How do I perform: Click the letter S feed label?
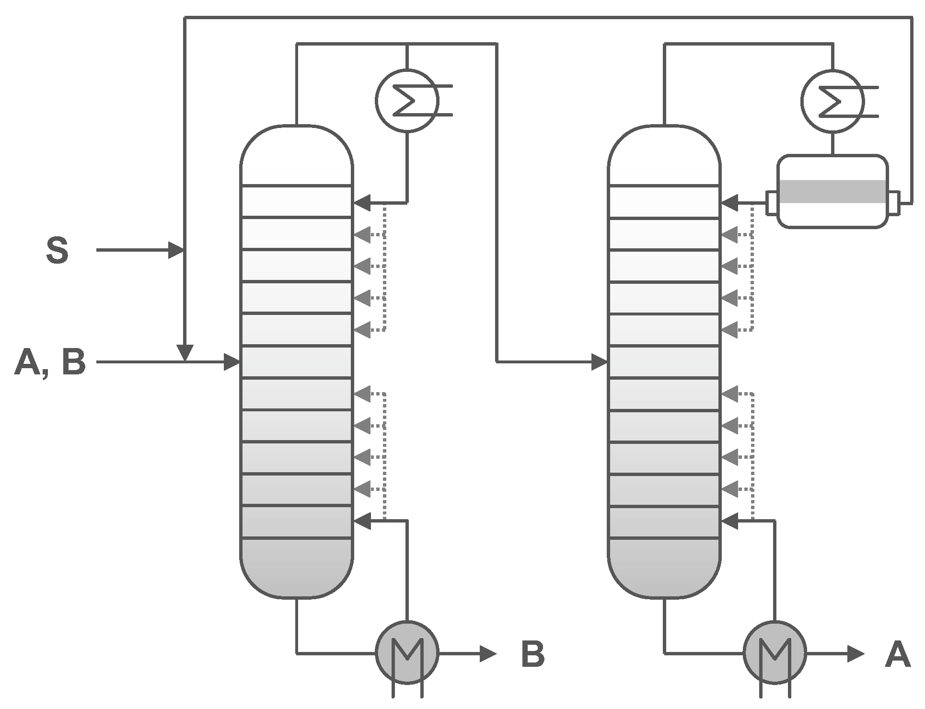57,250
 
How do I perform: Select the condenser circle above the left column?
407,101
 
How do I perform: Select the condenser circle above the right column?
832,101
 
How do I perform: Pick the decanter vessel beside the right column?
832,191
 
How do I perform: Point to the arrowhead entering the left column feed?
232,362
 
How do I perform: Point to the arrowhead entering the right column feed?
600,362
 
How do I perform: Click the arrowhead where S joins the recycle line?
176,250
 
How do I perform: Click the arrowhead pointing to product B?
488,653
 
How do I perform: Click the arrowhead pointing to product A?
856,653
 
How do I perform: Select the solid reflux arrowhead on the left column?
362,203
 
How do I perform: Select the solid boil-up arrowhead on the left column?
362,521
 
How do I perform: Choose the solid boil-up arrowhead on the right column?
730,521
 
